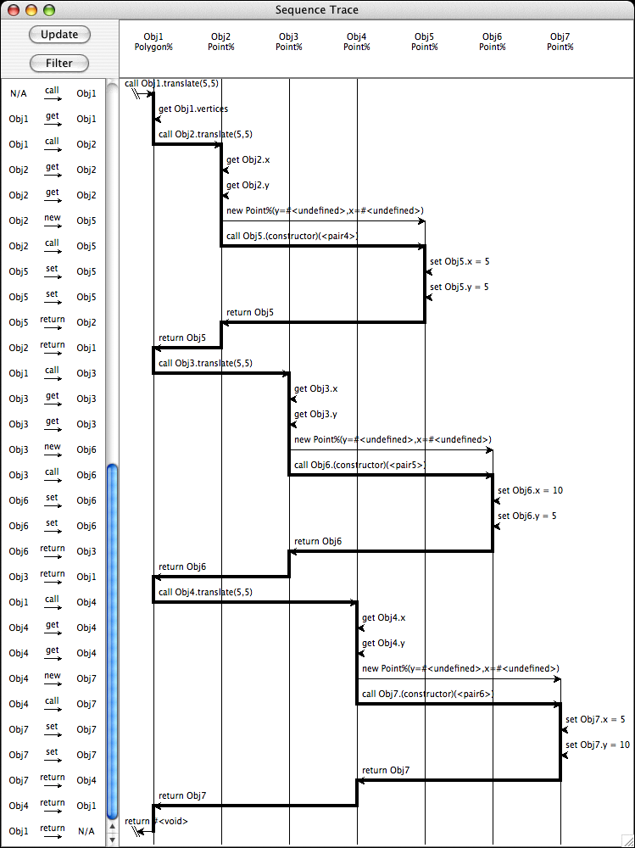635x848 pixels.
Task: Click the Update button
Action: click(59, 35)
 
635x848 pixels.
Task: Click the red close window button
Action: click(14, 10)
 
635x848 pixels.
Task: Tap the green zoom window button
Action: click(48, 10)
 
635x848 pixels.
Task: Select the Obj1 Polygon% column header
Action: click(153, 42)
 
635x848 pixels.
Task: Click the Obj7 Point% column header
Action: click(560, 42)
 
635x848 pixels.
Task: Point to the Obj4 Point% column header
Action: click(357, 42)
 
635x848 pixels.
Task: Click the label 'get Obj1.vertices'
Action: click(192, 109)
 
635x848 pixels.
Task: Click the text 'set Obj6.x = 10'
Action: click(530, 490)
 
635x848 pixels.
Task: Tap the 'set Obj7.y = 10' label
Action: click(598, 745)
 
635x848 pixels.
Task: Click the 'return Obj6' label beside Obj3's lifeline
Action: click(318, 541)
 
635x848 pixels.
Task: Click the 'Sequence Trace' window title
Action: click(317, 10)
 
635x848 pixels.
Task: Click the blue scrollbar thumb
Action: click(112, 636)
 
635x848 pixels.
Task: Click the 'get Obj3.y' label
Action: click(315, 414)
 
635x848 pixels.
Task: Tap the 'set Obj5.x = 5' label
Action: click(460, 261)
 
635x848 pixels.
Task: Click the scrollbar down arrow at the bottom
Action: click(112, 840)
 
